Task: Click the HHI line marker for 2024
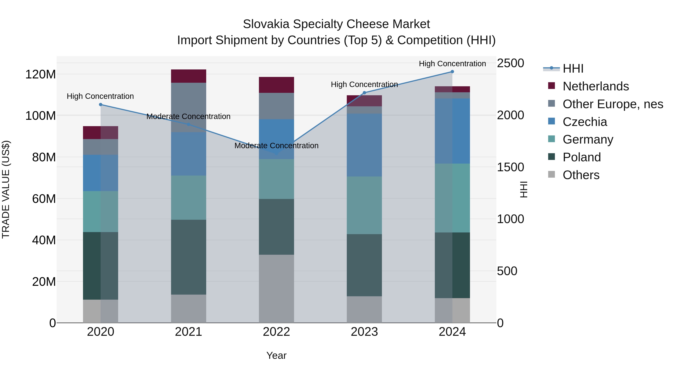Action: [x=452, y=72]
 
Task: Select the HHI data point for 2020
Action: [x=101, y=105]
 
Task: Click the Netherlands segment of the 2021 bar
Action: [x=188, y=76]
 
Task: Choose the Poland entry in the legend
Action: [x=582, y=157]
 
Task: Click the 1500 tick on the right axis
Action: [x=510, y=167]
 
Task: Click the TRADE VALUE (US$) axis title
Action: [x=6, y=189]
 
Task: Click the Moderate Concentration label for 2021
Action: [x=188, y=116]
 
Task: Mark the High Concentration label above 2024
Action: [x=452, y=64]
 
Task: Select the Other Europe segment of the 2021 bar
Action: [x=188, y=107]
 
